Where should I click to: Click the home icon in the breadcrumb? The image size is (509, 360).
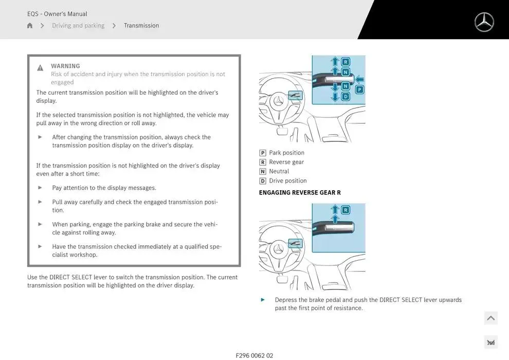[x=30, y=26]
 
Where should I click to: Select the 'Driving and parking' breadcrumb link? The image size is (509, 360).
[x=78, y=26]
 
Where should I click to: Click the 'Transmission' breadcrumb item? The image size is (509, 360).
[x=141, y=26]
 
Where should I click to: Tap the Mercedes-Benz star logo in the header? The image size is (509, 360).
[x=484, y=22]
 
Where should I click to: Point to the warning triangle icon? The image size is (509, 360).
[x=40, y=68]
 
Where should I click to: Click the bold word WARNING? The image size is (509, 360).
[x=65, y=66]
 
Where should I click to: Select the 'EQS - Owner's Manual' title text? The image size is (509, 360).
[x=57, y=14]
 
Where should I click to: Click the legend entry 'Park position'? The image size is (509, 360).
[x=286, y=153]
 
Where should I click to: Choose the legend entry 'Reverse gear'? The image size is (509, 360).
[x=286, y=162]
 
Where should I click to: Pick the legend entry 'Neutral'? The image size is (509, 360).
[x=279, y=171]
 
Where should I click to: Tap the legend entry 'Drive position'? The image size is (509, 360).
[x=287, y=181]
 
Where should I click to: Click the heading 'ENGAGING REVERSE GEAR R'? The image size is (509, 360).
[x=300, y=192]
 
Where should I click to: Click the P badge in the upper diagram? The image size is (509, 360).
[x=359, y=89]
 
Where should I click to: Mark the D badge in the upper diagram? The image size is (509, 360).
[x=346, y=96]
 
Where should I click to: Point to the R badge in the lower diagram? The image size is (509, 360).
[x=346, y=210]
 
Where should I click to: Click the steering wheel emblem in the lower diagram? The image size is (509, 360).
[x=279, y=249]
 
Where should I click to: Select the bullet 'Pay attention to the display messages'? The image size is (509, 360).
[x=104, y=188]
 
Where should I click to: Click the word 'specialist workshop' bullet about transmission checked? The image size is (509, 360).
[x=136, y=250]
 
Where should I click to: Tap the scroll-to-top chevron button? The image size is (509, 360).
[x=490, y=318]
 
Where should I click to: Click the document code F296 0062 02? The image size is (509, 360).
[x=254, y=355]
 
